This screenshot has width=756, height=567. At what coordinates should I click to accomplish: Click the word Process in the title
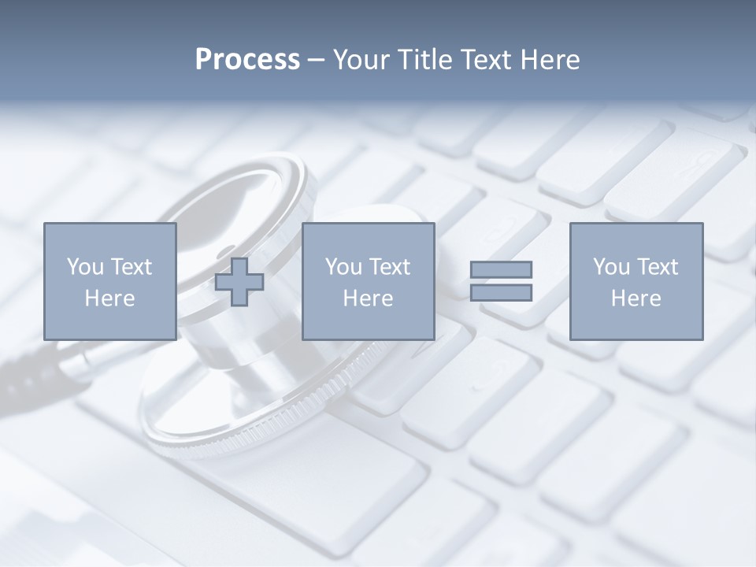(247, 60)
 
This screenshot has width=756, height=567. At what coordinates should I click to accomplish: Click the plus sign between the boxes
(239, 282)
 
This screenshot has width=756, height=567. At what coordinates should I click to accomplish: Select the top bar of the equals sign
(501, 269)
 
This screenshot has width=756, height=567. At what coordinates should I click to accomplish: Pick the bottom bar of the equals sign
(501, 293)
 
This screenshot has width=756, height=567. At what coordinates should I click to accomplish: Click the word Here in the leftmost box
(109, 298)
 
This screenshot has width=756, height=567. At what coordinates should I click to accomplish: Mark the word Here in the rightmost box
(636, 298)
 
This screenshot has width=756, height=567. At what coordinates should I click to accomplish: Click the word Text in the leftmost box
(131, 267)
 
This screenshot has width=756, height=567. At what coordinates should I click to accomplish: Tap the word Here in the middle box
(368, 298)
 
